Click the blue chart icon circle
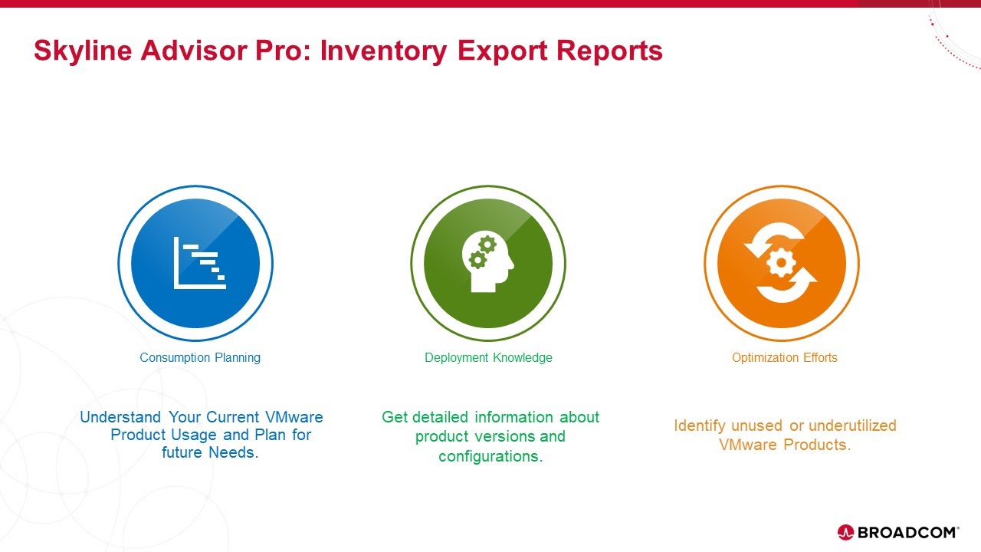click(195, 263)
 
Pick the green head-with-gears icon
click(488, 263)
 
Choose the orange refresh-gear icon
click(781, 263)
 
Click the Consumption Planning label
click(200, 357)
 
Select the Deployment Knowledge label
click(488, 357)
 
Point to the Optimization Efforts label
click(784, 357)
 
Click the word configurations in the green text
click(490, 456)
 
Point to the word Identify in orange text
click(700, 426)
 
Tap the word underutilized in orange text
click(852, 426)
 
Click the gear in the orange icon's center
click(781, 263)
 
